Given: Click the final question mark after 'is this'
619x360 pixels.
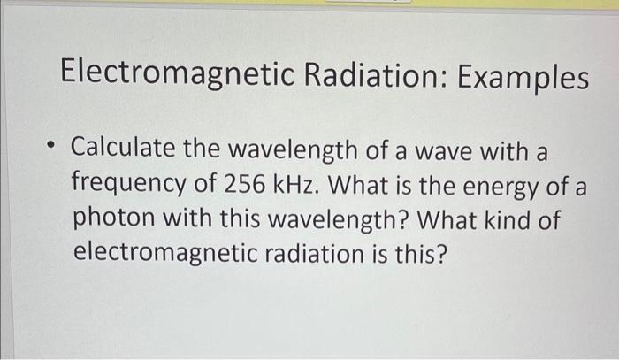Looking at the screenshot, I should [443, 253].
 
